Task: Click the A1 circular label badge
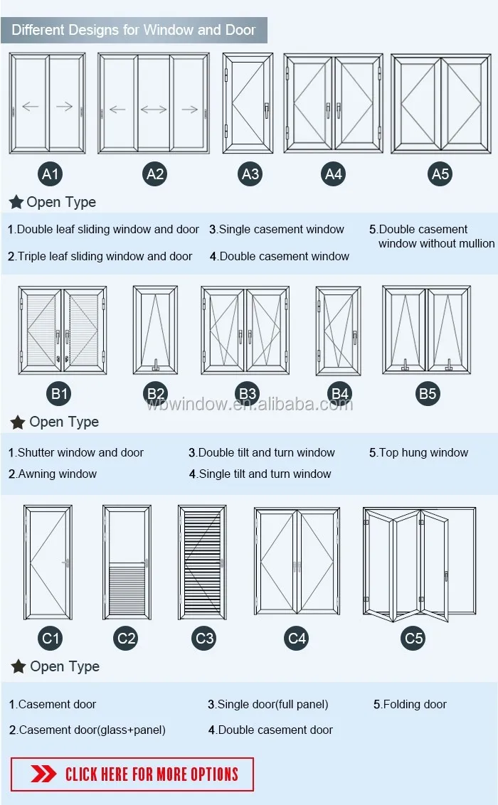coord(51,174)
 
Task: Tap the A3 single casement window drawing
coord(248,103)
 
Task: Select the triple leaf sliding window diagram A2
coord(154,103)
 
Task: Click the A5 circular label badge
coord(440,174)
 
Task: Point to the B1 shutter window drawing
coord(63,330)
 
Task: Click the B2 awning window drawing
coord(155,330)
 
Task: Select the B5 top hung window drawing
coord(426,329)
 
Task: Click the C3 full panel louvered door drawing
coord(202,562)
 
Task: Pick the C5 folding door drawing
coord(418,562)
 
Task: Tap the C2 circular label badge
coord(126,638)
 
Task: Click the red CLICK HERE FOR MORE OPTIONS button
coord(132,774)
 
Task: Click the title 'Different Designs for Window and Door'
coord(134,30)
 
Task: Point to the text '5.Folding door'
coord(410,705)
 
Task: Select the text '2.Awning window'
coord(53,474)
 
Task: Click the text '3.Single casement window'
coord(277,230)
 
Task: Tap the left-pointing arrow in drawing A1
coord(30,107)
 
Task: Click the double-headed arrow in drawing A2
coord(154,110)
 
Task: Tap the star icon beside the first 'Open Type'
coord(16,203)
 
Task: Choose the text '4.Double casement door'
coord(270,730)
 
